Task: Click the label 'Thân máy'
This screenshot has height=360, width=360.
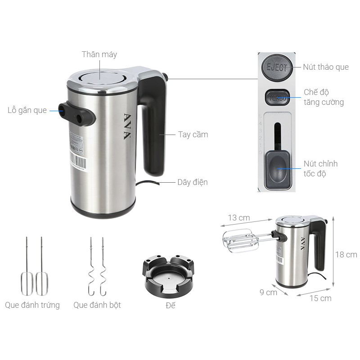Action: click(99, 54)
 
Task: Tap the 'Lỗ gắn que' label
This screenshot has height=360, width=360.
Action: click(27, 110)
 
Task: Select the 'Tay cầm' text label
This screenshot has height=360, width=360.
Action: click(193, 134)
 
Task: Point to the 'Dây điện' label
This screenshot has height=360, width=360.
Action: click(193, 182)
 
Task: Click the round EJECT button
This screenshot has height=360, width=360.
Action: click(276, 68)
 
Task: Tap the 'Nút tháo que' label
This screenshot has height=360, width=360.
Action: click(325, 67)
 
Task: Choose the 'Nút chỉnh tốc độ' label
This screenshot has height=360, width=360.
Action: click(320, 169)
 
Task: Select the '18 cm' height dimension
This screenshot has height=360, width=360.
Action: click(346, 254)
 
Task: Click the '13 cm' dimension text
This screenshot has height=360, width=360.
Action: click(238, 218)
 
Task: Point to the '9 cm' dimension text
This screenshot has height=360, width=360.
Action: click(268, 292)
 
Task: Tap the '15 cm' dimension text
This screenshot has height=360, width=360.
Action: click(320, 298)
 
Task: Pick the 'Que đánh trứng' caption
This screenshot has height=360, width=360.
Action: click(32, 305)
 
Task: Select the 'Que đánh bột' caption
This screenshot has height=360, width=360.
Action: click(97, 305)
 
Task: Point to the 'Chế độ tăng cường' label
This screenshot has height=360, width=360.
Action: click(324, 97)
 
